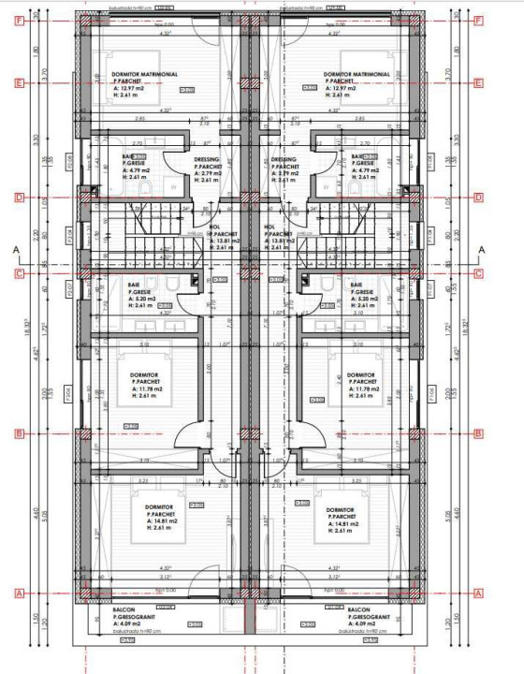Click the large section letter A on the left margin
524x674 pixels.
(x=16, y=250)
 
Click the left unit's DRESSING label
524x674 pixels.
(x=207, y=159)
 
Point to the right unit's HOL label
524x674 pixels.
(x=270, y=227)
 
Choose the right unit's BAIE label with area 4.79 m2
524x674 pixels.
(x=357, y=156)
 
